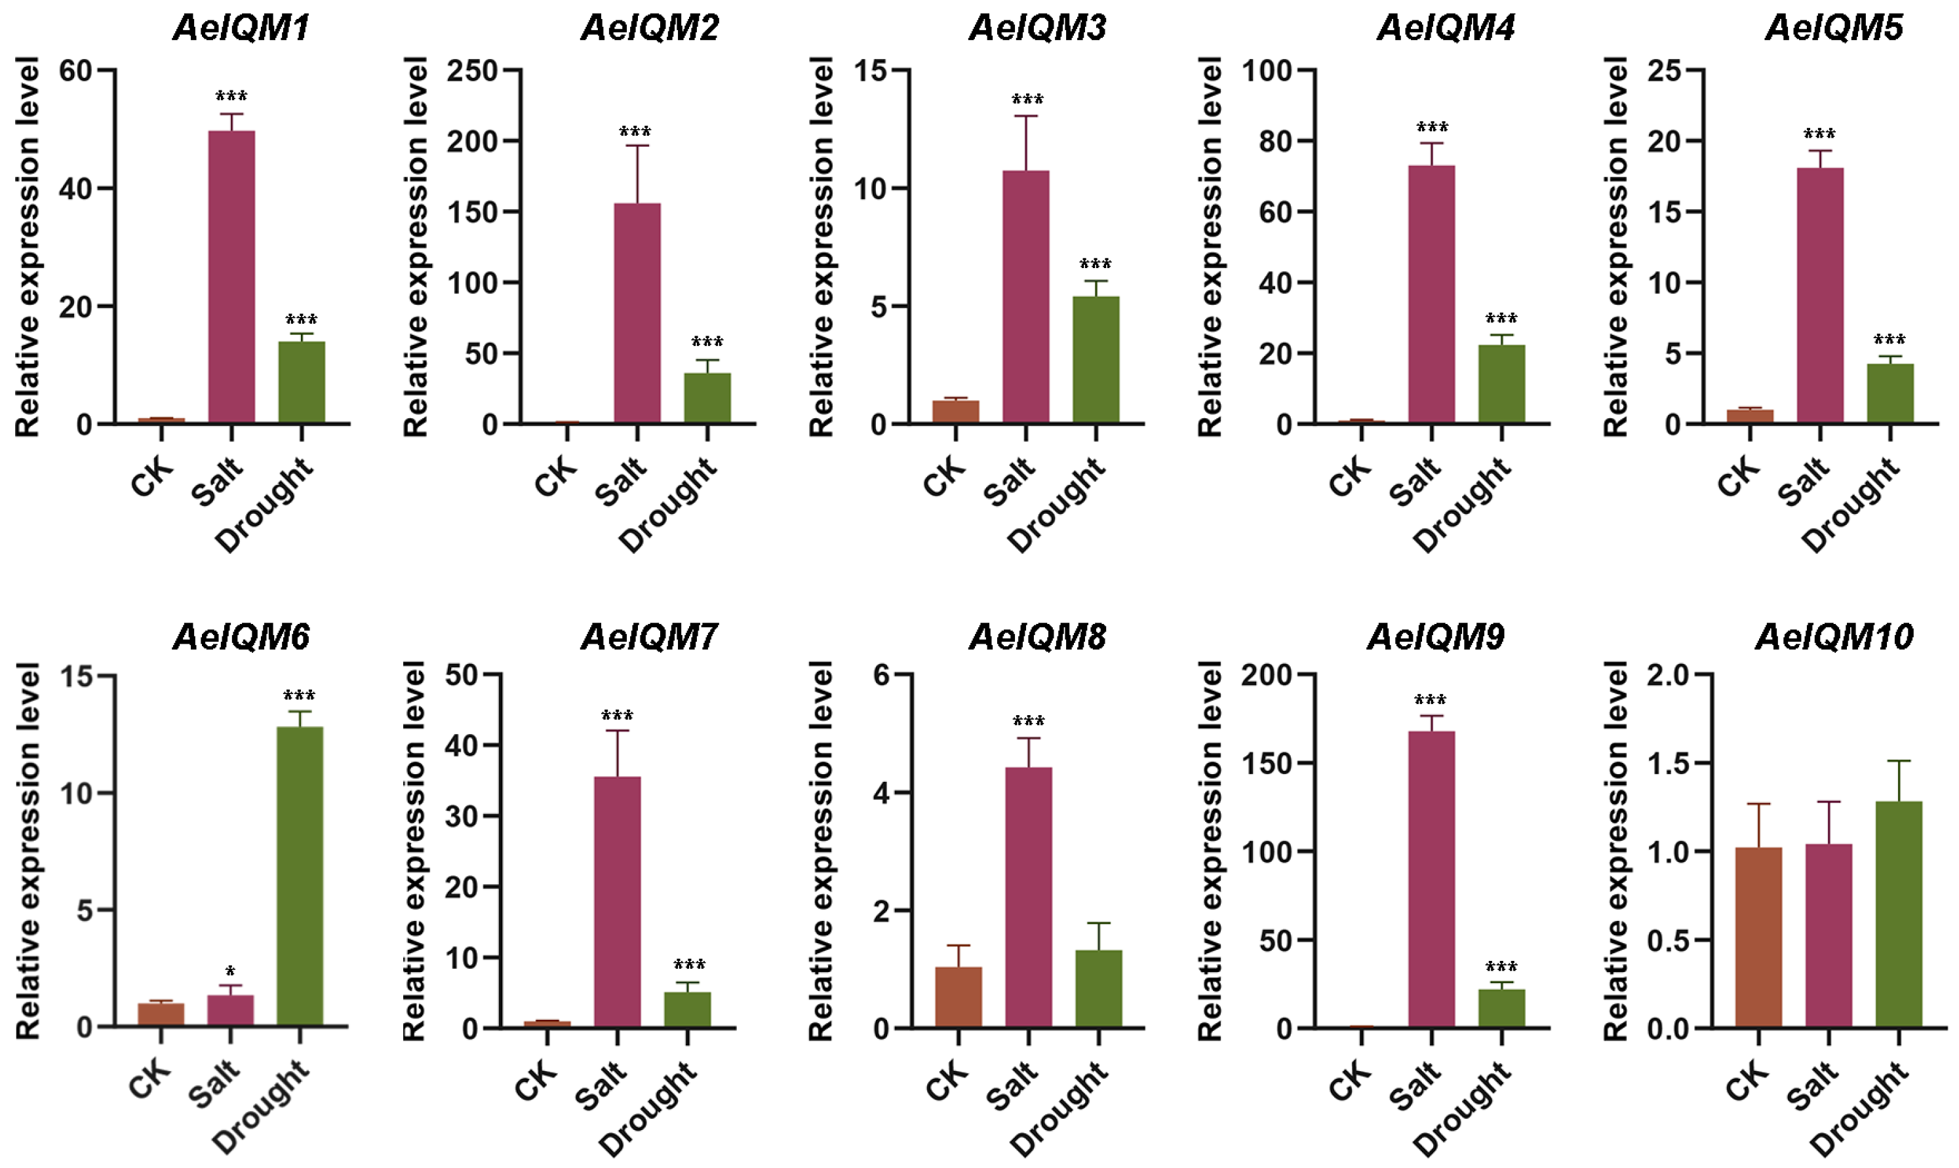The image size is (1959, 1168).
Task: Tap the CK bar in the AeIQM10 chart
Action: (x=1758, y=937)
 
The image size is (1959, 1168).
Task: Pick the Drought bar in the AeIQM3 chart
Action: (x=1096, y=360)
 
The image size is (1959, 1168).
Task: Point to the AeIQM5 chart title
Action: (x=1834, y=28)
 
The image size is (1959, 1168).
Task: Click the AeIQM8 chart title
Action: (x=1037, y=636)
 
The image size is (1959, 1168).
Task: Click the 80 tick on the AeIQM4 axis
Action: (x=1275, y=142)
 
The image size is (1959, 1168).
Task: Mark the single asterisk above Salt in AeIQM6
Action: (x=230, y=971)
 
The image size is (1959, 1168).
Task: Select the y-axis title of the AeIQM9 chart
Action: (x=1210, y=850)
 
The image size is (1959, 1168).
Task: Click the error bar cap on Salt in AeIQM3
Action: (x=1025, y=117)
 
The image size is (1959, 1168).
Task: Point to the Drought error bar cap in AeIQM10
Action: (x=1899, y=761)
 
